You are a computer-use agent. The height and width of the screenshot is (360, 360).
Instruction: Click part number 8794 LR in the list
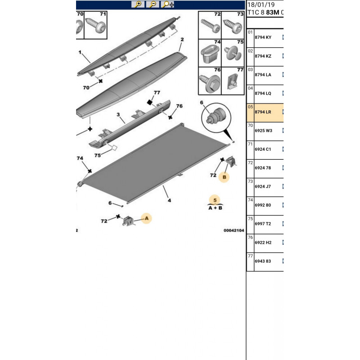[x=263, y=112]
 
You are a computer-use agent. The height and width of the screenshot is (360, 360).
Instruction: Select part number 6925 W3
[x=263, y=130]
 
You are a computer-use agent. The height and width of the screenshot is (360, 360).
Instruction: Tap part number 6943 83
[x=263, y=261]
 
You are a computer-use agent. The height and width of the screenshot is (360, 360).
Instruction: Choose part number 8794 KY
[x=263, y=37]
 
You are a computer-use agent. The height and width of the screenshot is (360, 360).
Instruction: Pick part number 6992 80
[x=263, y=205]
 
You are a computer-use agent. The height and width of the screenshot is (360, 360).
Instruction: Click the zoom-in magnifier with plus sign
[x=138, y=4]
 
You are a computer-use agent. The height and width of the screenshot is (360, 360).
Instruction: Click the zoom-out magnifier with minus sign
[x=153, y=4]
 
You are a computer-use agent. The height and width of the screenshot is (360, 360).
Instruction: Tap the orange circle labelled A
[x=147, y=218]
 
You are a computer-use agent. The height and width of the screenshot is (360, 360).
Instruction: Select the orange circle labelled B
[x=224, y=177]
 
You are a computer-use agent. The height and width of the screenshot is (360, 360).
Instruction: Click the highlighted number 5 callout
[x=215, y=200]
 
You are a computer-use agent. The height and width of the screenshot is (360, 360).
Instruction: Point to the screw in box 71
[x=96, y=26]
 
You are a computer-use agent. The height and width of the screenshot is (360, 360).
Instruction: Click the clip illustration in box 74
[x=210, y=54]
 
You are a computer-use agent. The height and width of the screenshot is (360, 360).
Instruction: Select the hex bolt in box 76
[x=210, y=83]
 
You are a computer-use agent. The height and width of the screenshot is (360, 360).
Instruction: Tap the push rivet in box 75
[x=233, y=53]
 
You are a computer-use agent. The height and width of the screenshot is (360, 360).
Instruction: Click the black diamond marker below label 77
[x=150, y=102]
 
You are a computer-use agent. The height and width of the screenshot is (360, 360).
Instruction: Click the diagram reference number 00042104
[x=234, y=230]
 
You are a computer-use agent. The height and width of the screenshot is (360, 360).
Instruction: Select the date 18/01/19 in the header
[x=261, y=4]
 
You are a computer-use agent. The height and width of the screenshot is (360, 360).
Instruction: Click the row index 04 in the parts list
[x=250, y=88]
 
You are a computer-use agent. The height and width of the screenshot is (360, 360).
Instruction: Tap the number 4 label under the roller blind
[x=169, y=200]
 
